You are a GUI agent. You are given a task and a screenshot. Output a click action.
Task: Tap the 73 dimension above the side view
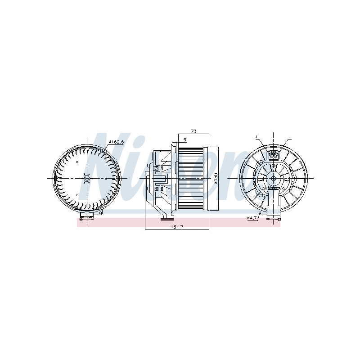click(x=194, y=131)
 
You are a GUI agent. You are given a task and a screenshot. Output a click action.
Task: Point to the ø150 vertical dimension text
click(x=216, y=178)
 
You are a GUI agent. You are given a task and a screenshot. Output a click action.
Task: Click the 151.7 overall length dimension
click(x=177, y=226)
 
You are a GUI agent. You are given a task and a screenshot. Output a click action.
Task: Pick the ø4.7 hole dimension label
click(x=252, y=218)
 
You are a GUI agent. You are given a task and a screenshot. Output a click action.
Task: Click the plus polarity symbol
click(x=256, y=136)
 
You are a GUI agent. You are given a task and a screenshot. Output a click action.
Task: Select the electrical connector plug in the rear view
click(x=273, y=156)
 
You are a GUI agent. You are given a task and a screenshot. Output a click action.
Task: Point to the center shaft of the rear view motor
click(x=273, y=178)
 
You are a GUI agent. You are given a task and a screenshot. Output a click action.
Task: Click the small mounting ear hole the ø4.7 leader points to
click(x=261, y=212)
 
